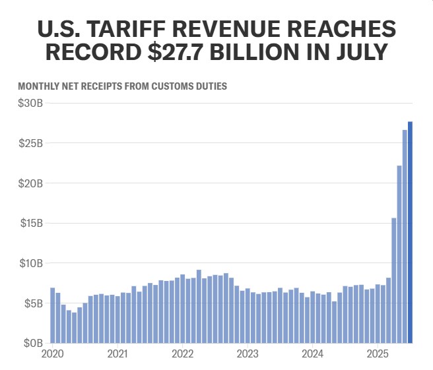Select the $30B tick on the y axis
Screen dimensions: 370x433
coord(31,104)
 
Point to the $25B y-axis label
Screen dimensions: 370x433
coord(31,143)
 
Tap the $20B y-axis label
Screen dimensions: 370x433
coord(31,183)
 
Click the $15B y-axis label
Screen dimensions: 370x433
coord(31,224)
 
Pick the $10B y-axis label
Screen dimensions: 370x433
coord(31,264)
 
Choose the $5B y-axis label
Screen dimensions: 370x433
coord(34,304)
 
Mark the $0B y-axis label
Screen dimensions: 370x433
coord(34,344)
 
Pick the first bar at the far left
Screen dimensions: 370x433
coord(53,315)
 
